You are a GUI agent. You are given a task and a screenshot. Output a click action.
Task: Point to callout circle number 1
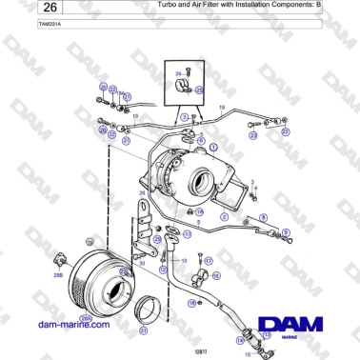pyautogui.click(x=213, y=148)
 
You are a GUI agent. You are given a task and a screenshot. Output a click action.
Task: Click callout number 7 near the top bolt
pyautogui.click(x=184, y=115)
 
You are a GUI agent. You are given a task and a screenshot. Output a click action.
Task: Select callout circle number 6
pyautogui.click(x=201, y=139)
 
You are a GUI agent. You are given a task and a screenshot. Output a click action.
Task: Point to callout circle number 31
pyautogui.click(x=144, y=331)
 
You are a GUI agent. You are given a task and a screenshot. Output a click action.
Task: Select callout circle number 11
pyautogui.click(x=189, y=231)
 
